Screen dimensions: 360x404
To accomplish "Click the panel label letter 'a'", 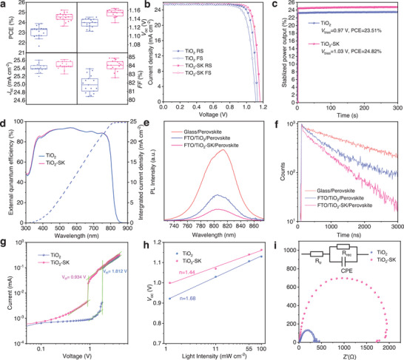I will tap(4, 5).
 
